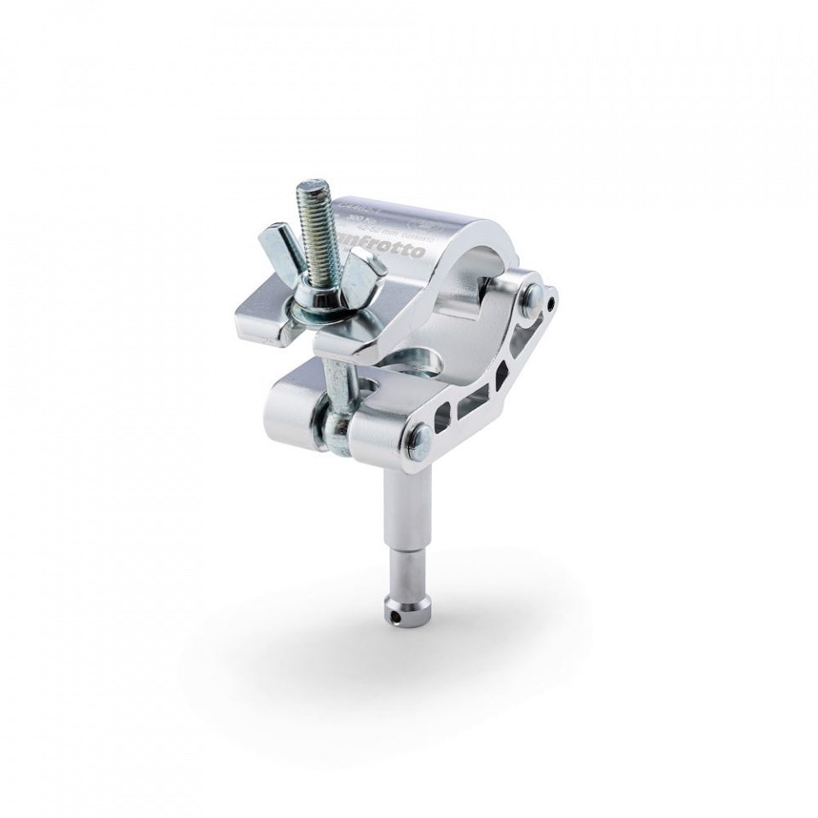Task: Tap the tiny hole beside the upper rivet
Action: tap(555, 302)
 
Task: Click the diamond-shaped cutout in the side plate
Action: tap(503, 372)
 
